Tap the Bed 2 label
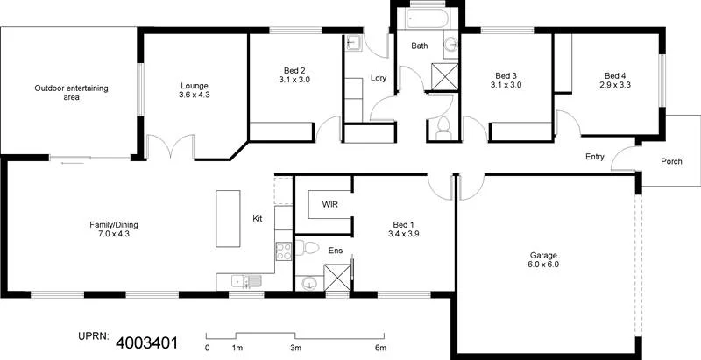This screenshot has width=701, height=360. [295, 70]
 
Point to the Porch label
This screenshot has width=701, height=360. [671, 161]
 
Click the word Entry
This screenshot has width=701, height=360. [595, 156]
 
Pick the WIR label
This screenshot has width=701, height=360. [330, 204]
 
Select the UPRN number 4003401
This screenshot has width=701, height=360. [146, 342]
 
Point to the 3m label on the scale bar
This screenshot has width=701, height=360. [296, 347]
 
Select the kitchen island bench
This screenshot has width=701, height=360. [228, 219]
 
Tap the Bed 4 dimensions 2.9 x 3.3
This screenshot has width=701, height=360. [614, 85]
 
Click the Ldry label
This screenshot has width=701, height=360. [379, 77]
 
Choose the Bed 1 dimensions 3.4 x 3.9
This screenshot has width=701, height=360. [404, 235]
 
